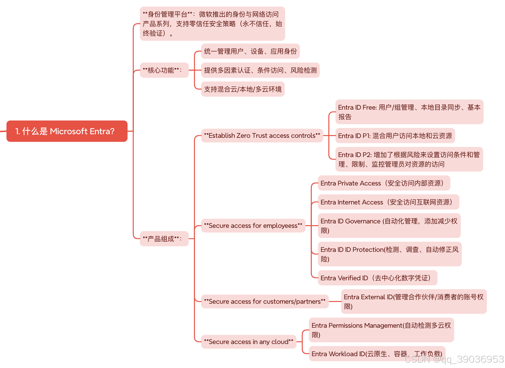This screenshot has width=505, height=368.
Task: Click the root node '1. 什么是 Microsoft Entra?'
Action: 67,131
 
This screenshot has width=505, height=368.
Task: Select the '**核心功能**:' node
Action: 164,70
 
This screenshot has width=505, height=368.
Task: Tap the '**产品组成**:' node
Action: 164,239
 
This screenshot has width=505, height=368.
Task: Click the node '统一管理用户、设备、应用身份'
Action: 250,51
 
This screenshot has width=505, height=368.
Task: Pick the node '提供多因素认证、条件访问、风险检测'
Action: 260,70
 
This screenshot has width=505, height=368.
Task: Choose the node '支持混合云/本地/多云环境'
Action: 243,89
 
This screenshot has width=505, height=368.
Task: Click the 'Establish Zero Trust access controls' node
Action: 262,135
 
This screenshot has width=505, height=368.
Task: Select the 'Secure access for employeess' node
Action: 253,225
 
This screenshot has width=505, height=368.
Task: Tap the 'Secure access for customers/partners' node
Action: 265,301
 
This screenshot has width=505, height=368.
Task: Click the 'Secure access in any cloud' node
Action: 249,342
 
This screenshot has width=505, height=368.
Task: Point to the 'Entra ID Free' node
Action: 409,112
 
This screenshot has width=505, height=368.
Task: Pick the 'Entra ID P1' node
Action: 395,136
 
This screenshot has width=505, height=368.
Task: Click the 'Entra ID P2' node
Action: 409,159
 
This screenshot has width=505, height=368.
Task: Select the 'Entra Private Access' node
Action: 384,183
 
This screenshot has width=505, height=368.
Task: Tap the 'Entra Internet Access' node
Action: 388,202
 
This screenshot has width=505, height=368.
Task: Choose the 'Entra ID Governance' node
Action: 389,226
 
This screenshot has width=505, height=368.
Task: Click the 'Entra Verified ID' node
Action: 377,278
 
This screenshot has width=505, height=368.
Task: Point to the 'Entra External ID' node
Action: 414,302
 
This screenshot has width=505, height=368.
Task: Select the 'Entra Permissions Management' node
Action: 381,330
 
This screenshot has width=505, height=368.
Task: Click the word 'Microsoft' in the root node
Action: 69,131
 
